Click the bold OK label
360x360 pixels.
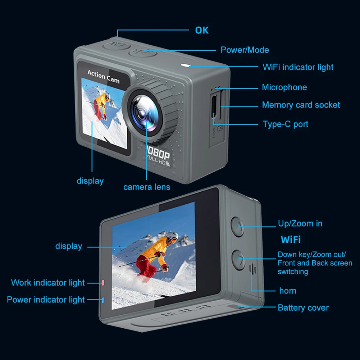[x=201, y=30]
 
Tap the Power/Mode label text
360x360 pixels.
[x=245, y=50]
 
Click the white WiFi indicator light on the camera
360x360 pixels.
[x=186, y=66]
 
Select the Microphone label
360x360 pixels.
[x=284, y=87]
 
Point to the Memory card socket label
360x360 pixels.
[x=301, y=105]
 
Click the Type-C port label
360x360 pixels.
[x=285, y=124]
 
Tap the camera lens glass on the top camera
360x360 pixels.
[x=143, y=111]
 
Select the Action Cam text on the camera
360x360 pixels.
[x=103, y=76]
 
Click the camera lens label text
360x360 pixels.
[x=147, y=187]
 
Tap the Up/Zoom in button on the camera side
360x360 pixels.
[x=238, y=226]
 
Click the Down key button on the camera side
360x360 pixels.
[x=238, y=259]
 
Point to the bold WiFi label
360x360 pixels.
[x=291, y=240]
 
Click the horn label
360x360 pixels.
[x=288, y=291]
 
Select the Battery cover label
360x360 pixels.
[x=303, y=308]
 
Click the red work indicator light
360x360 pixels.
[x=103, y=283]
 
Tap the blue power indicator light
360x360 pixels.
[x=103, y=300]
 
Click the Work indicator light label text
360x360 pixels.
[x=48, y=283]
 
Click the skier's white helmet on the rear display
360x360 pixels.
[x=173, y=237]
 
